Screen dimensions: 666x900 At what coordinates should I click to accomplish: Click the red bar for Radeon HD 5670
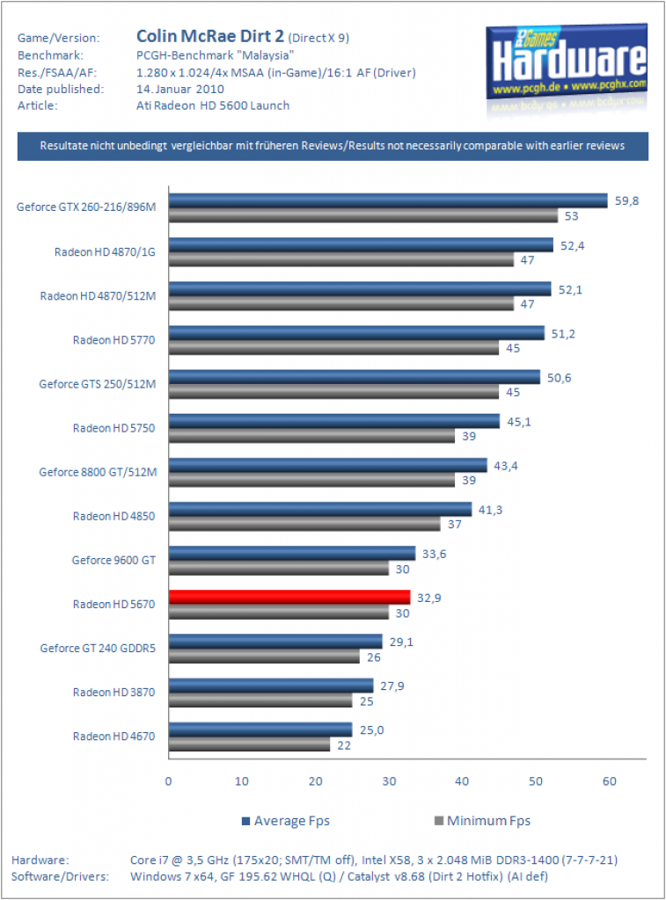(289, 597)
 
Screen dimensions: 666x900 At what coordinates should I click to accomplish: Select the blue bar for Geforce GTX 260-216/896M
(388, 200)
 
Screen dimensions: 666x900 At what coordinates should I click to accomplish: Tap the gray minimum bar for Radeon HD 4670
(249, 744)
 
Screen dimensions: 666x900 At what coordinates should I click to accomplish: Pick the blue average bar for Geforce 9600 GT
(292, 554)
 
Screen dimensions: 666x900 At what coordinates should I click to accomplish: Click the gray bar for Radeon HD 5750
(312, 436)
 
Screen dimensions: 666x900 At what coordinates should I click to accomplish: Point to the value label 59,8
(626, 201)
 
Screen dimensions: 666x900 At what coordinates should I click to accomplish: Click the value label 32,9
(428, 598)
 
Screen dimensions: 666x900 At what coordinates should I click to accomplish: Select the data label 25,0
(371, 730)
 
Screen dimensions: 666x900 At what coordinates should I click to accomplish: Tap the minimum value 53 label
(571, 216)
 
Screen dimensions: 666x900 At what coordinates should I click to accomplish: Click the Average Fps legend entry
(286, 821)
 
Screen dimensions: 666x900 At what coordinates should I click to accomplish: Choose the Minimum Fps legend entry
(482, 821)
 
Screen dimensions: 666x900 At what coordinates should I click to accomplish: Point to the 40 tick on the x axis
(462, 781)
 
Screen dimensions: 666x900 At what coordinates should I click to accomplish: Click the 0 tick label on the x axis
(168, 781)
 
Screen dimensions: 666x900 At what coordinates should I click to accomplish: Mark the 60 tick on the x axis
(609, 781)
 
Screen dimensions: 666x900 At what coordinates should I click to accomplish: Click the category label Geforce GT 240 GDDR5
(98, 648)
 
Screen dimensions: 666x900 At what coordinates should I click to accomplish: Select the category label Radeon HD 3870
(113, 693)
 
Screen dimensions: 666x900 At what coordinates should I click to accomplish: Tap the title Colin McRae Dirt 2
(209, 36)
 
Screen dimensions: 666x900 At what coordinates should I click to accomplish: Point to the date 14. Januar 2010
(179, 89)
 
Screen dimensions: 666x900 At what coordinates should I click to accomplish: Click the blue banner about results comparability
(333, 146)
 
